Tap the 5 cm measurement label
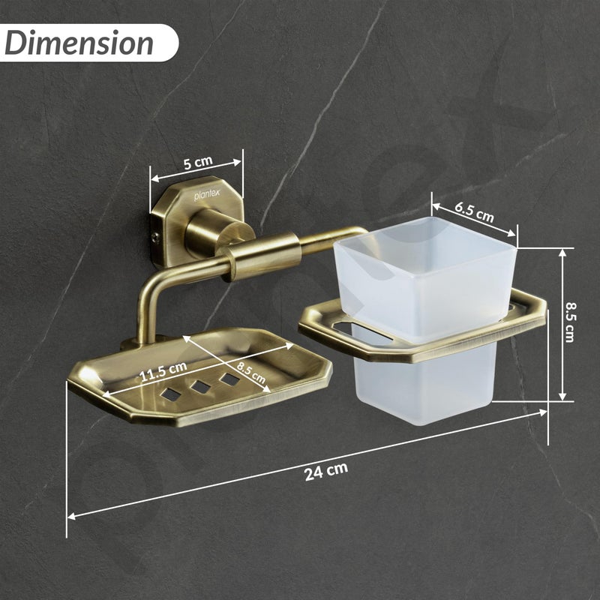pos(196,162)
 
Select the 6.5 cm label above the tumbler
pos(475,211)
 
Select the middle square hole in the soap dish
pos(200,386)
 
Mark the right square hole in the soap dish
pos(229,379)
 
